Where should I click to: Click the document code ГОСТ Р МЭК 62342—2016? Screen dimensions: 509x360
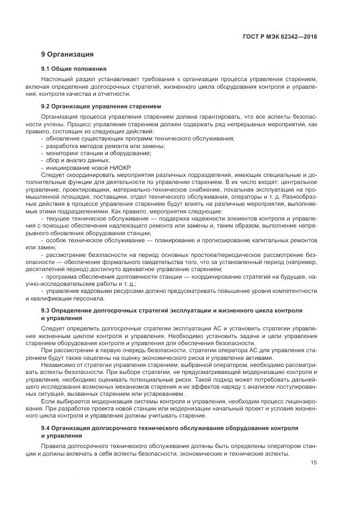[x=279, y=36]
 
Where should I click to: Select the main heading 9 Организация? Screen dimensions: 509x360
[x=68, y=54]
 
